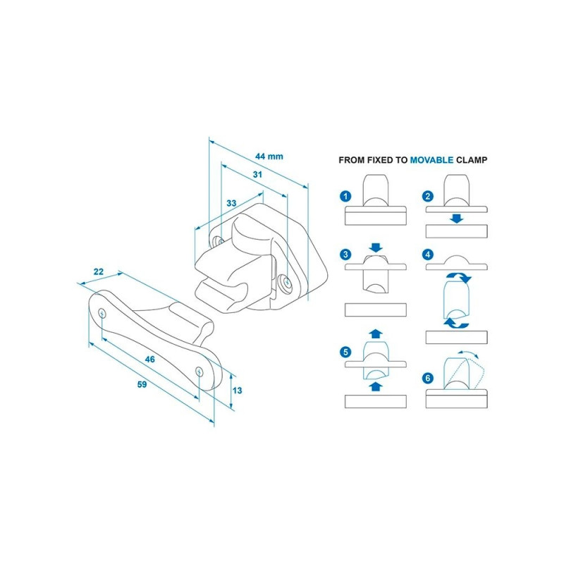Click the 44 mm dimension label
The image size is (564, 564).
pyautogui.click(x=269, y=157)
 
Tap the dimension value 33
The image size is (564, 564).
pyautogui.click(x=231, y=203)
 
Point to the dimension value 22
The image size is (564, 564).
pyautogui.click(x=98, y=271)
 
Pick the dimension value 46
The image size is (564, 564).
pyautogui.click(x=149, y=359)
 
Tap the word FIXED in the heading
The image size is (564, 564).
pyautogui.click(x=382, y=160)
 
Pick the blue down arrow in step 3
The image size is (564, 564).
pyautogui.click(x=375, y=247)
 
